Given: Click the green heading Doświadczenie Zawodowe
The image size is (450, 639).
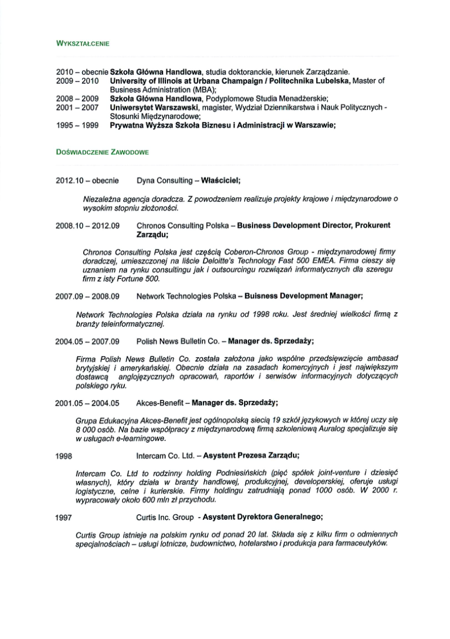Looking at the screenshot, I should [102, 152].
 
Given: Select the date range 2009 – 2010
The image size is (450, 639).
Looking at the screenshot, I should [78, 81].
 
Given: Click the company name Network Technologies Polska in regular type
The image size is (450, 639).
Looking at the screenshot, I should [186, 296].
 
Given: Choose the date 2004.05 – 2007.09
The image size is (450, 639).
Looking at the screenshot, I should [88, 341].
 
